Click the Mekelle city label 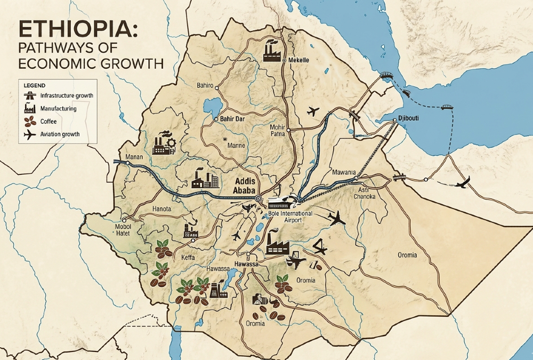(x=299, y=60)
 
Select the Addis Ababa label (x=243, y=185)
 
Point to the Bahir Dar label (x=232, y=119)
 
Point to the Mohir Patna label (x=278, y=131)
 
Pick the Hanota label (x=161, y=209)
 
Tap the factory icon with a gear (x=164, y=142)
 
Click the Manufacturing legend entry (x=58, y=108)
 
